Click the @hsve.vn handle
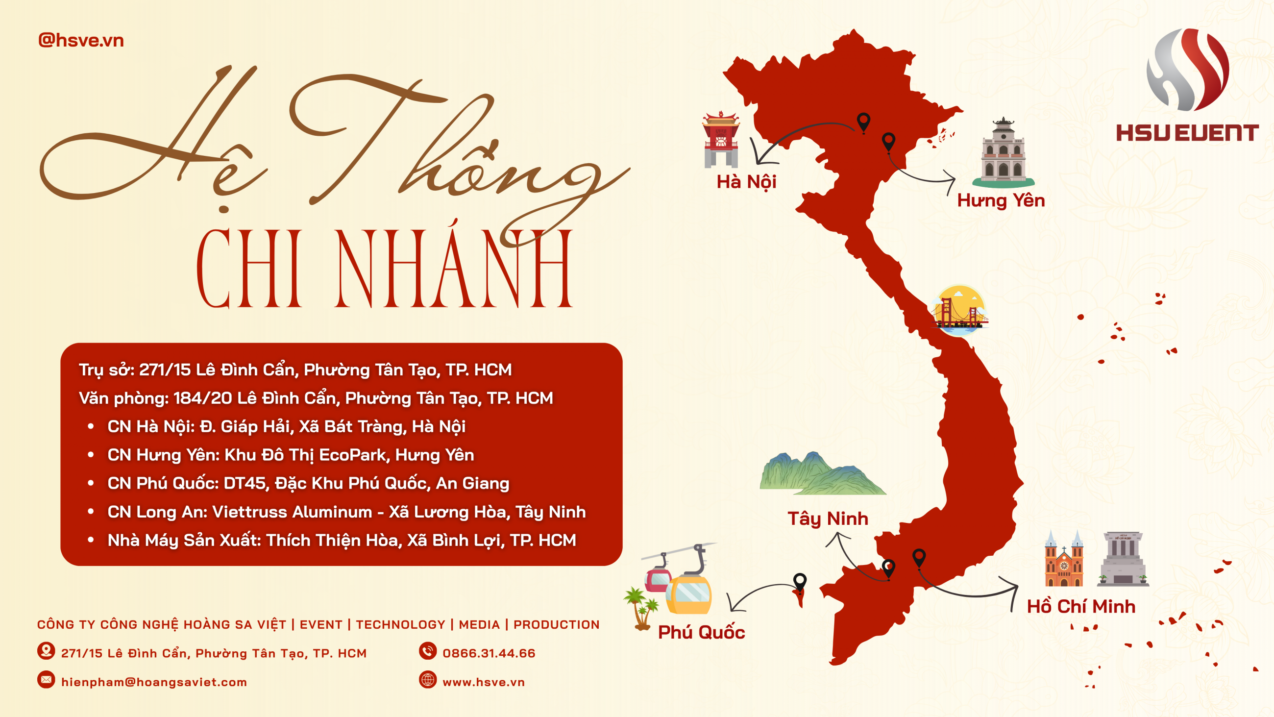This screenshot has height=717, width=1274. point(81,40)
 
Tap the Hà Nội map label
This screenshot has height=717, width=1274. point(746,182)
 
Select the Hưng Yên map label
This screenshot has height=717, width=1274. point(1001,200)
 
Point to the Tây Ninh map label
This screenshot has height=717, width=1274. point(828,519)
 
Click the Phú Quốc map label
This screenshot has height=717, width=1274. point(701,632)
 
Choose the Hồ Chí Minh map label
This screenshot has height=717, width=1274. point(1080,606)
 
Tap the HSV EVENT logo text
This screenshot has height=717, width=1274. point(1187,133)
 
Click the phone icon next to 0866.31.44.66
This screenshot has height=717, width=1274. point(428,651)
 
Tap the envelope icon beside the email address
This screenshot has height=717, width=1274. point(47,680)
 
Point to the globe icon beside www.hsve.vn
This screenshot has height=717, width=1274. point(428,680)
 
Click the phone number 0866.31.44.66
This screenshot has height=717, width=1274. point(489,653)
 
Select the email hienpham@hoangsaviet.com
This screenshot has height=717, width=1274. point(154,682)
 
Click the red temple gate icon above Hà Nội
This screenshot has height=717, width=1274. point(721,140)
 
